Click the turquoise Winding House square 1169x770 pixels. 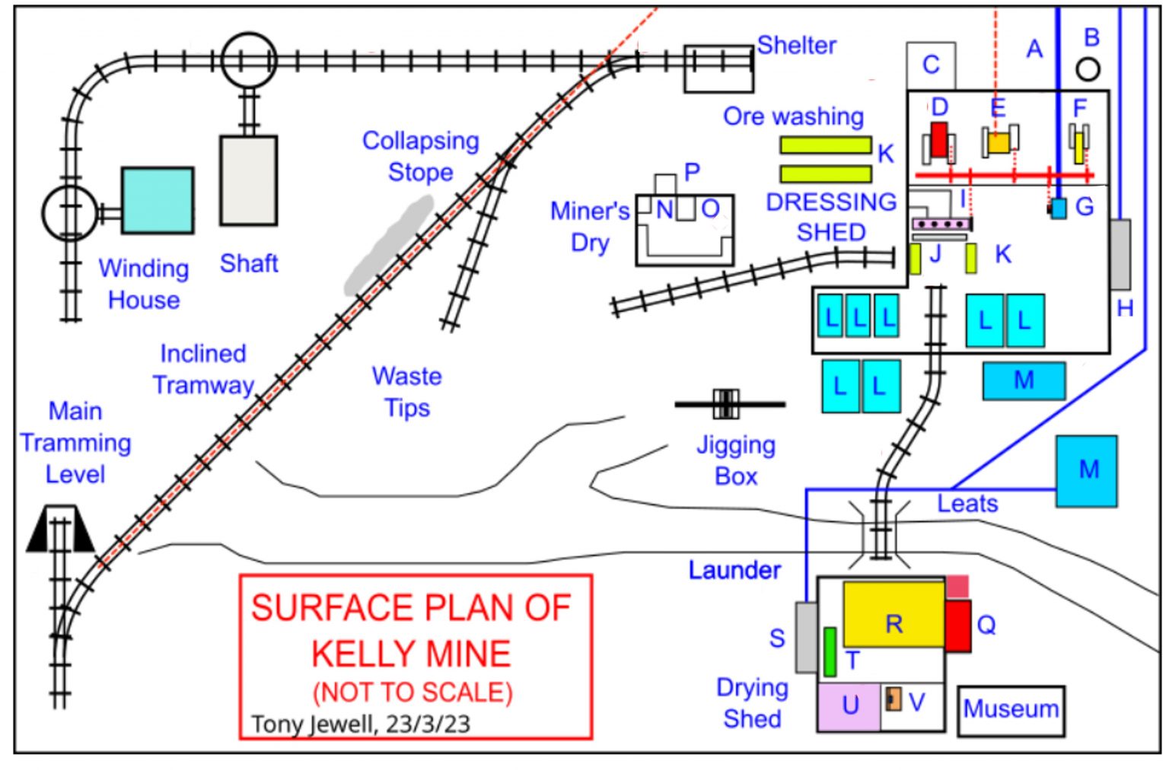click(x=158, y=201)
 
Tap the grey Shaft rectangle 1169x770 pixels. click(x=248, y=180)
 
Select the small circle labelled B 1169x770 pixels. click(x=1088, y=69)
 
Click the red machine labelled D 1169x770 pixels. click(x=939, y=140)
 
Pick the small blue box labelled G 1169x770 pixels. click(x=1059, y=208)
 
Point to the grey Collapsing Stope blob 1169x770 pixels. click(x=389, y=246)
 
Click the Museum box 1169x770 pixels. click(x=1011, y=711)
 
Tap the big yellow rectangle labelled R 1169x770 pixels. click(x=894, y=615)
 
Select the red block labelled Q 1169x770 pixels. click(x=958, y=626)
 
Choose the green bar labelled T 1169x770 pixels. click(x=830, y=652)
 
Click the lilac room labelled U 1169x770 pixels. click(x=849, y=708)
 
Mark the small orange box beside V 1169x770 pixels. click(x=893, y=699)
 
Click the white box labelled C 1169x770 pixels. click(x=932, y=65)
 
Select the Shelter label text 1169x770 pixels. click(x=797, y=46)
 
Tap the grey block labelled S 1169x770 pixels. click(x=806, y=638)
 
